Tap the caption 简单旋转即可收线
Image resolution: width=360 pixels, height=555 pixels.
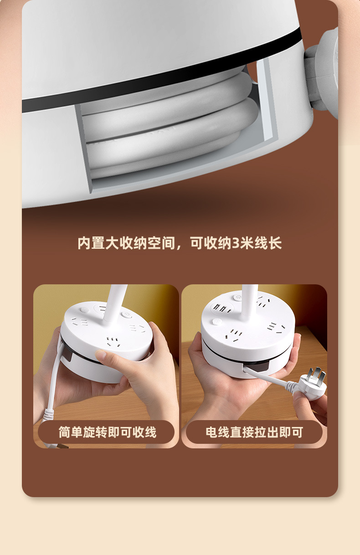[108, 432]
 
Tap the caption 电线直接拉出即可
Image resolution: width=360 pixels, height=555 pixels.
[254, 432]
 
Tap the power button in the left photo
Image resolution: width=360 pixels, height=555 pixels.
[126, 314]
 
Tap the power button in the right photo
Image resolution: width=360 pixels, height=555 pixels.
[237, 297]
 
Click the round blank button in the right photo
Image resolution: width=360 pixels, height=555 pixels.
[217, 322]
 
